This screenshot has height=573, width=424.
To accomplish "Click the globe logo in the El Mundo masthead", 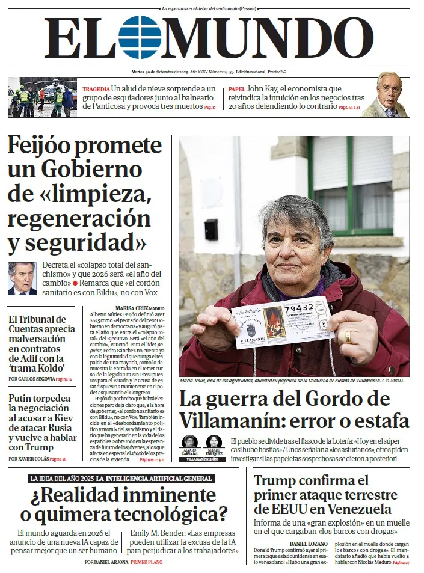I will [x=140, y=37].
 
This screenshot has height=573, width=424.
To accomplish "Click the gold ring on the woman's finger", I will [x=348, y=337].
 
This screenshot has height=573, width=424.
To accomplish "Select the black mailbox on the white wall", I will [x=210, y=229].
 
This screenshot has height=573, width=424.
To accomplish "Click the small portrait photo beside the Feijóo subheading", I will [x=22, y=278].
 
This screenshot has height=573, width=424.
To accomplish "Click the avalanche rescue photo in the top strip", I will [x=42, y=97].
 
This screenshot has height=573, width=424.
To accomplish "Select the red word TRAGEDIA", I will [x=96, y=89].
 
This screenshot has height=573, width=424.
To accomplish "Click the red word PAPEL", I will [x=236, y=89].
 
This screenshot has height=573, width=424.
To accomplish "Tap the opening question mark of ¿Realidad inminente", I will [x=36, y=496].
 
